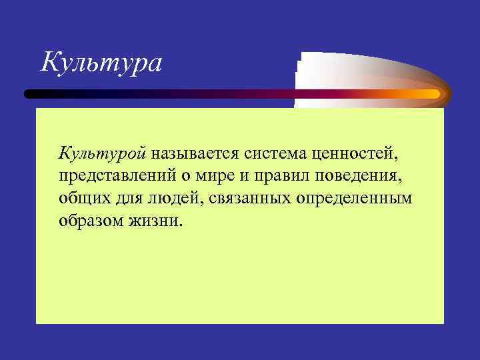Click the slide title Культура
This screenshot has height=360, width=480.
tap(101, 63)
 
